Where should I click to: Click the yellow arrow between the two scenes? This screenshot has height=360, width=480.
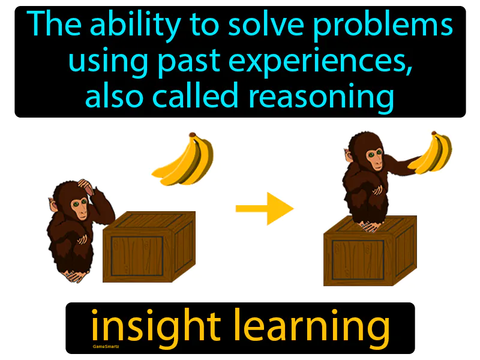click(x=264, y=208)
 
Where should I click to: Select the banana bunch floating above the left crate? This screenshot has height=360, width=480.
click(x=184, y=159)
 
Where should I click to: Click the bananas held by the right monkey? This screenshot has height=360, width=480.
click(x=433, y=154)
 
